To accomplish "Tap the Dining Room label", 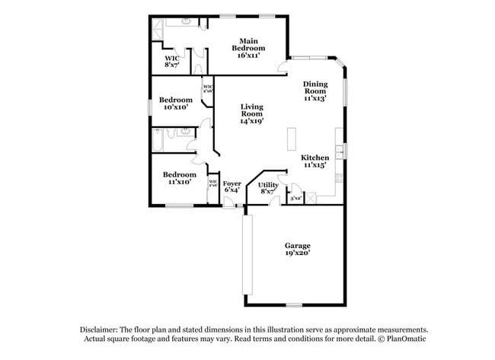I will (x=315, y=91).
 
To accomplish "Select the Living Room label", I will (x=251, y=113).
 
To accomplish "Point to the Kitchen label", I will (x=315, y=160).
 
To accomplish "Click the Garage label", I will (x=297, y=249).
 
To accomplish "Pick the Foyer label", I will (x=232, y=186).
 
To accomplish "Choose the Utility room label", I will (x=268, y=188).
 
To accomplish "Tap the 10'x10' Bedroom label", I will (x=174, y=104).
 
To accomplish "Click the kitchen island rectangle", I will (x=290, y=139).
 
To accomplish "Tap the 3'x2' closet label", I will (x=297, y=198).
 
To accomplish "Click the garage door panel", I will (x=246, y=255).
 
